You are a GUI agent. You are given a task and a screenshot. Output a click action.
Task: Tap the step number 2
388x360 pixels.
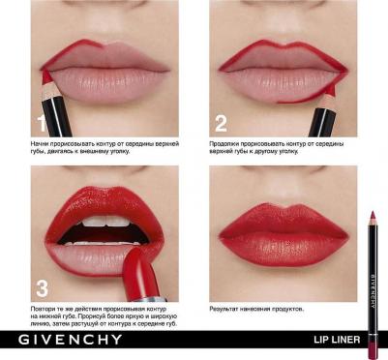221,122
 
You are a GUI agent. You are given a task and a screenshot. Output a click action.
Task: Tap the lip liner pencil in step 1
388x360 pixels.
46,101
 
